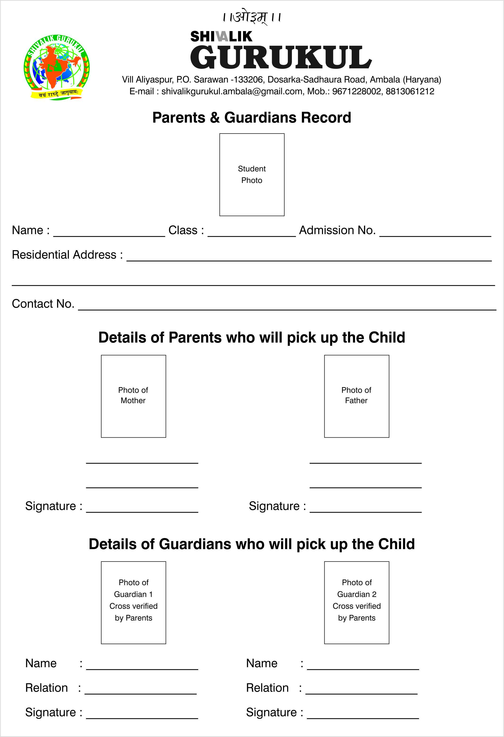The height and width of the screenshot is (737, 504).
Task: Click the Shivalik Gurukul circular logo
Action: tap(56, 67)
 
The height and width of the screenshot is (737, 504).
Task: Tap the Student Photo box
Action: tap(252, 174)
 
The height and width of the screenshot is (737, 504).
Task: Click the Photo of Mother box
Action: tap(133, 396)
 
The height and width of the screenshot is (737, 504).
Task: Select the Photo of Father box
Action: tap(356, 396)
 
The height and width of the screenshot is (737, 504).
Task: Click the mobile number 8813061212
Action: tap(410, 91)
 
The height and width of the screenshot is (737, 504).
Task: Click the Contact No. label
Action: tap(43, 304)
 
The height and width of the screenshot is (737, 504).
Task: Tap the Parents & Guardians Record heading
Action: tap(252, 117)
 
